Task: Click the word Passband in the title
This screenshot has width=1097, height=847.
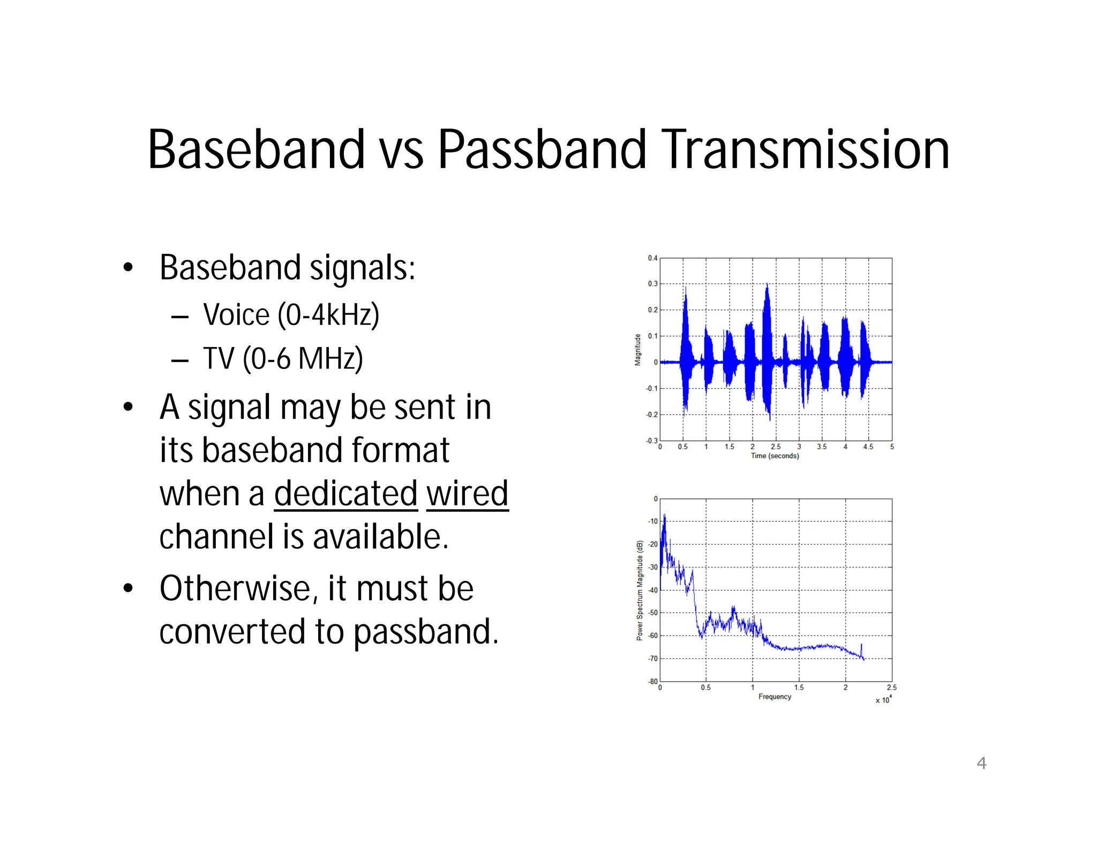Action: (x=542, y=150)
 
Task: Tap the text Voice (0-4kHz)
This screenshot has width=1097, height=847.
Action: (x=291, y=315)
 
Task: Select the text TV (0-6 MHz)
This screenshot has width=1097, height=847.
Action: (x=283, y=359)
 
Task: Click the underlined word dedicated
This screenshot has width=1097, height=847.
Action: (x=346, y=494)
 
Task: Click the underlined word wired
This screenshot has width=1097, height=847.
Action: (x=467, y=494)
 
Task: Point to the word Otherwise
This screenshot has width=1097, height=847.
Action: (x=235, y=589)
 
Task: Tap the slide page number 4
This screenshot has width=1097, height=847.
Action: (x=981, y=763)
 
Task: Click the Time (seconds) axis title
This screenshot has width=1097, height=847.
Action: (x=775, y=456)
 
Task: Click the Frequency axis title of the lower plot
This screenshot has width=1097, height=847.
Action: (x=775, y=697)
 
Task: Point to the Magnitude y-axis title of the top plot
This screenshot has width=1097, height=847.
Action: (x=637, y=350)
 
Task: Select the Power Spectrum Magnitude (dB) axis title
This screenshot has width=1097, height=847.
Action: (x=640, y=591)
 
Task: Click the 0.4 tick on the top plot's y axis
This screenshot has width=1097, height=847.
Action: (x=652, y=258)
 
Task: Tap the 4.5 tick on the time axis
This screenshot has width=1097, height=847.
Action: (x=868, y=447)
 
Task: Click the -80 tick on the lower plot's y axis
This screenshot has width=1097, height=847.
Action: (x=652, y=682)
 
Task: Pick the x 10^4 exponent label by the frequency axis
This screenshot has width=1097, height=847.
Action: (x=883, y=700)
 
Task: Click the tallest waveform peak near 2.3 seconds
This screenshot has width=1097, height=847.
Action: (x=767, y=285)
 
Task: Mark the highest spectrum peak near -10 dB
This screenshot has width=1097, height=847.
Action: (x=665, y=516)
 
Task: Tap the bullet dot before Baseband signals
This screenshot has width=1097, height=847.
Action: (x=127, y=268)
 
